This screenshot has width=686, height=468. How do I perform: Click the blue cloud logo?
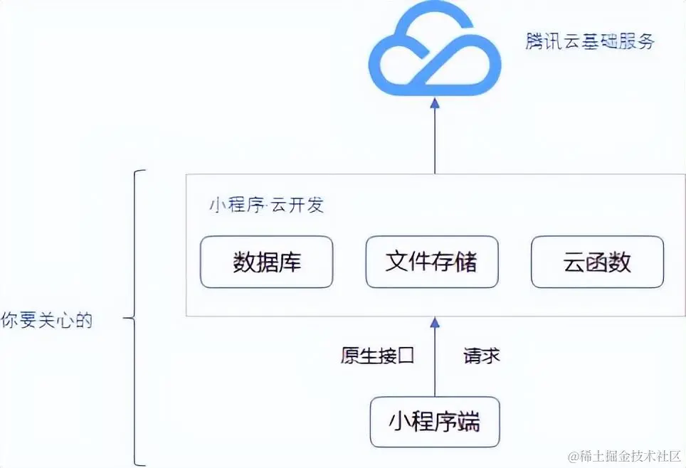coord(434,54)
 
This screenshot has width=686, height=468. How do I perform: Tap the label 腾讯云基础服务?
coord(590,41)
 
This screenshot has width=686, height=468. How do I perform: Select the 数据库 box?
coord(267,262)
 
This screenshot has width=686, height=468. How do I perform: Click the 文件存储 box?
coord(431,262)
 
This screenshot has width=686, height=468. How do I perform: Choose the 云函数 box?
coord(597,262)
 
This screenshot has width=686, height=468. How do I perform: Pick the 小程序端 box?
coord(434,422)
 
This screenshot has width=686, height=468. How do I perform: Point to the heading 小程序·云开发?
coord(266,206)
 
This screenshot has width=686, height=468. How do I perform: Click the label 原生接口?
coord(377,355)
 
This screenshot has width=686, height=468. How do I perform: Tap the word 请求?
coord(482,355)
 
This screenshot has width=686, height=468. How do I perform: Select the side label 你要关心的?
coord(46,320)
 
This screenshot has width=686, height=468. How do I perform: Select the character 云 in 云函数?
coord(574,262)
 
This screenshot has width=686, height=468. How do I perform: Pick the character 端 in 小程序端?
coord(468,422)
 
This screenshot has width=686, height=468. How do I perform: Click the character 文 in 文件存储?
coord(397,262)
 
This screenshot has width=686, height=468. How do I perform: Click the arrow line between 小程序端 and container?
coord(435,363)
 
